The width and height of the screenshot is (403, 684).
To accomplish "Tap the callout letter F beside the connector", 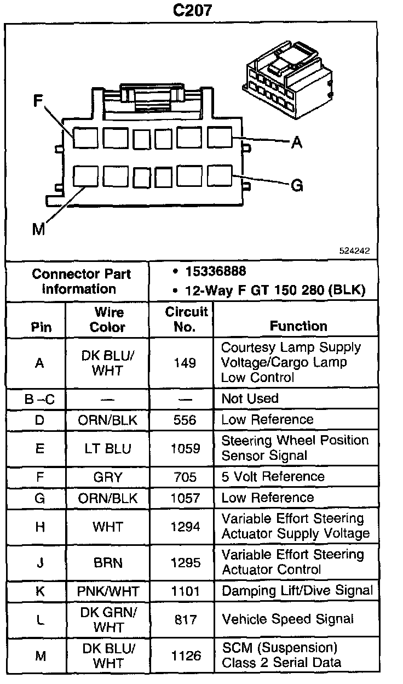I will coord(38,101).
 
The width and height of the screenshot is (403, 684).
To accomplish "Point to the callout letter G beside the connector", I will coord(297,186).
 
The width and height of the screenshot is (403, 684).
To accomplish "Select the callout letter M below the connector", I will coord(38,229).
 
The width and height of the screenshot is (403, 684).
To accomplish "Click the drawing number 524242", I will coord(354,251).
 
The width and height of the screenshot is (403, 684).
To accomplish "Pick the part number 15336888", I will coord(215,271).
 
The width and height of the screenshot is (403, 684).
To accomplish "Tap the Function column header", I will coord(298,326).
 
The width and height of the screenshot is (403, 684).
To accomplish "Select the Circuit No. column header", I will coord(186,319).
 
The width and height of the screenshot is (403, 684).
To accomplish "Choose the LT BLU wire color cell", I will coord(108,448).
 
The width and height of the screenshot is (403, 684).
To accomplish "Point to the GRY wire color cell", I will coord(108,477).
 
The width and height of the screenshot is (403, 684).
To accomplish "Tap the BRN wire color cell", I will coord(108,563).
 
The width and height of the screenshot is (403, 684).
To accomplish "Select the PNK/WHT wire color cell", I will coord(108,591).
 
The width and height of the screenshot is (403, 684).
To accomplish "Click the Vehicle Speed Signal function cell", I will coord(287,619).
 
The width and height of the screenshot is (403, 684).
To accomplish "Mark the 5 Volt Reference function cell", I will coord(273,476).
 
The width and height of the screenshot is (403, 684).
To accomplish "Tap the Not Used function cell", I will coord(250,398).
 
